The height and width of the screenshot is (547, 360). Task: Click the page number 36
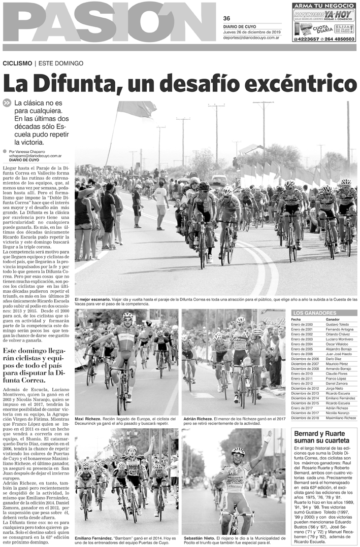click(x=226, y=18)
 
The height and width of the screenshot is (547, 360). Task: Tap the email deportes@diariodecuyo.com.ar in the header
click(x=251, y=38)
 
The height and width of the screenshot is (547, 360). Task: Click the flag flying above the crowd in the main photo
click(x=136, y=108)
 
